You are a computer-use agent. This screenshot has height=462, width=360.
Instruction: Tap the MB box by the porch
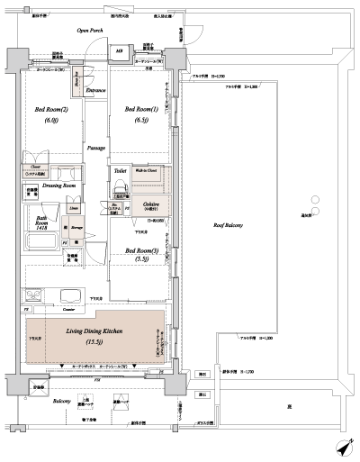pyautogui.click(x=119, y=50)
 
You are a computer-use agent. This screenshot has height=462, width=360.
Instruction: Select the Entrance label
pyautogui.click(x=95, y=91)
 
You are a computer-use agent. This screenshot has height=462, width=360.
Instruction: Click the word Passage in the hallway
pyautogui.click(x=96, y=146)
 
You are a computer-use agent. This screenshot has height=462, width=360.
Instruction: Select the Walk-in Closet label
pyautogui.click(x=147, y=169)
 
